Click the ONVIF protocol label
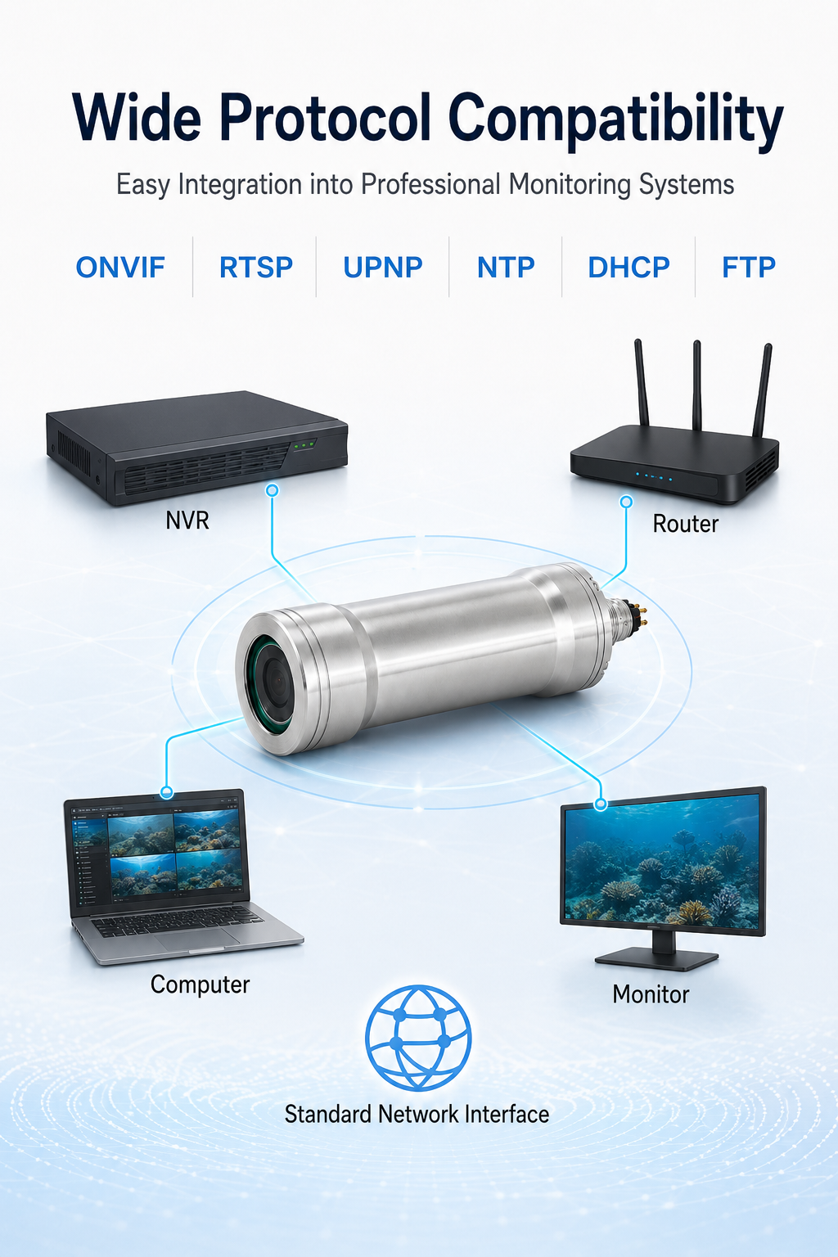(120, 267)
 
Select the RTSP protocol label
(256, 267)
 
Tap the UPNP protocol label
(383, 267)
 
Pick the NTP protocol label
(506, 267)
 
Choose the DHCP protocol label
(628, 267)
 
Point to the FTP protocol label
(749, 267)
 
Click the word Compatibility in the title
(615, 120)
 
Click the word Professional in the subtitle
(430, 184)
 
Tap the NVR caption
(187, 520)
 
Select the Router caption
(685, 524)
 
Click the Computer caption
(200, 984)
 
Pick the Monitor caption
(651, 994)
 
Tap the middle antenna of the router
(696, 385)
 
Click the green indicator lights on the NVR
(304, 445)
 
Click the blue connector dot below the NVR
(273, 490)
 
